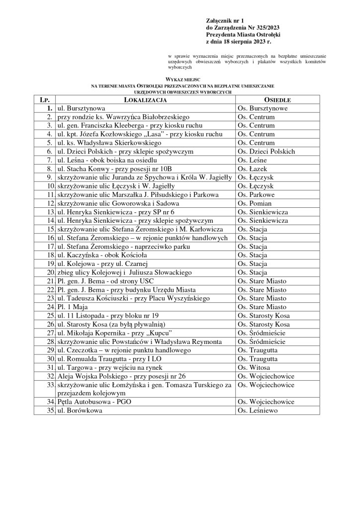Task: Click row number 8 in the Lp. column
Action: point(50,169)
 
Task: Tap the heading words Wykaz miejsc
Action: point(180,79)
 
